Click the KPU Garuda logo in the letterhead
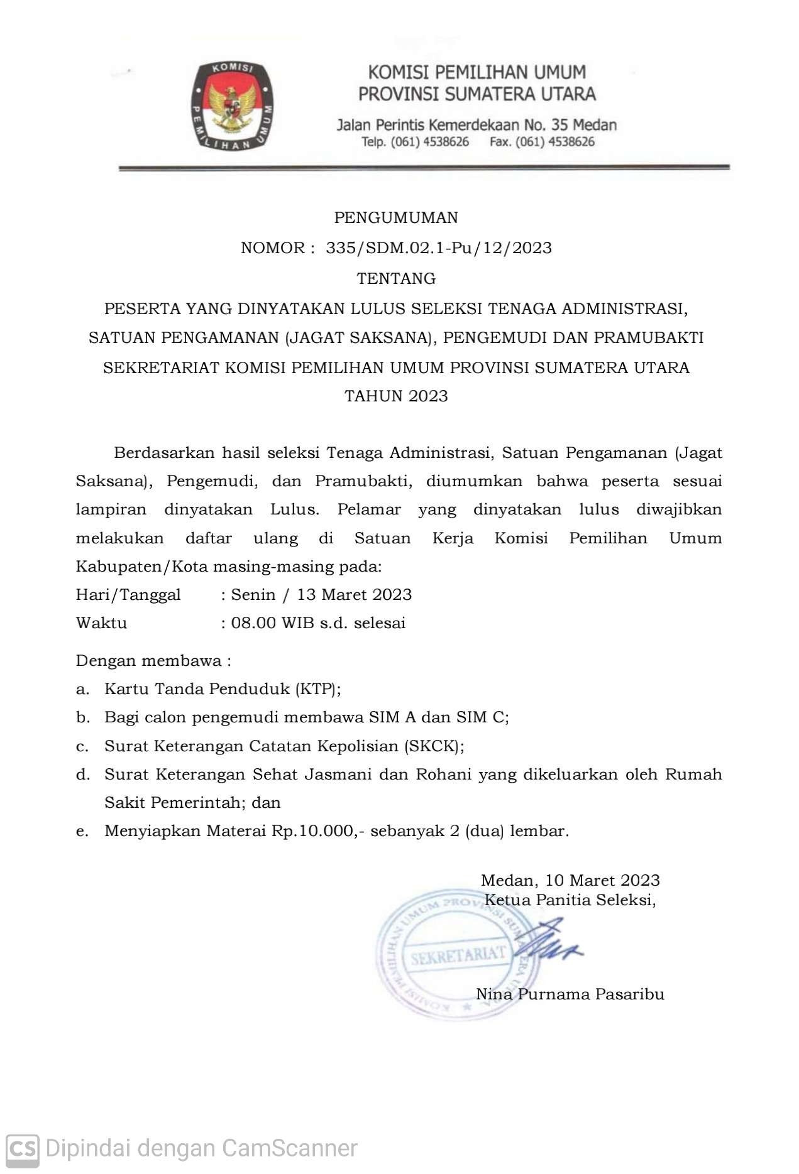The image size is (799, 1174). pyautogui.click(x=233, y=106)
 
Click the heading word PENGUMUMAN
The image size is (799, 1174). pyautogui.click(x=396, y=217)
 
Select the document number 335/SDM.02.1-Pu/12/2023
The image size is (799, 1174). pyautogui.click(x=439, y=247)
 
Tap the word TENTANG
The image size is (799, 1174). pyautogui.click(x=396, y=278)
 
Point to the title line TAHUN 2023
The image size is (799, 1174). pyautogui.click(x=396, y=396)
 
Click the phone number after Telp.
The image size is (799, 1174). pyautogui.click(x=430, y=142)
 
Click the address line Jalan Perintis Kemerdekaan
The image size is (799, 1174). pyautogui.click(x=477, y=124)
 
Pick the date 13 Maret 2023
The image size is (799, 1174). pyautogui.click(x=355, y=594)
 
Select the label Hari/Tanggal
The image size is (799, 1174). pyautogui.click(x=128, y=594)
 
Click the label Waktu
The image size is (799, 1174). pyautogui.click(x=101, y=623)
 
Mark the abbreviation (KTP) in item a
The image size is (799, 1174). pyautogui.click(x=317, y=689)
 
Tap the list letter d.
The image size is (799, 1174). pyautogui.click(x=82, y=775)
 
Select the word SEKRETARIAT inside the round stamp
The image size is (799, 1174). pyautogui.click(x=458, y=955)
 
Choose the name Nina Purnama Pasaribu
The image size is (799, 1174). pyautogui.click(x=570, y=994)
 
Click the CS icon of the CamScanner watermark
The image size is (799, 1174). pyautogui.click(x=22, y=1148)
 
